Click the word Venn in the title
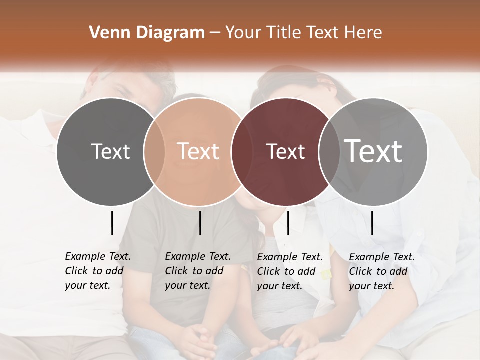point(106,33)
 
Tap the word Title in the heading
point(283,33)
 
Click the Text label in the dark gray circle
point(110,151)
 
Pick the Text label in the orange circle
point(198,151)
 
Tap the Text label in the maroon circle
point(286,151)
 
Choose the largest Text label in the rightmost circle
point(373,151)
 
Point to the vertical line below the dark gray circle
point(112,223)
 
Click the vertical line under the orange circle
point(200,223)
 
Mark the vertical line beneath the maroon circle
point(288,223)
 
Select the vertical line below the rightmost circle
point(372,223)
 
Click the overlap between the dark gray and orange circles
point(155,151)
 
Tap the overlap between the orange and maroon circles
point(238,151)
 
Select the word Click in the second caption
point(176,271)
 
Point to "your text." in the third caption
point(279,286)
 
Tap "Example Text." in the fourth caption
point(382,257)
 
